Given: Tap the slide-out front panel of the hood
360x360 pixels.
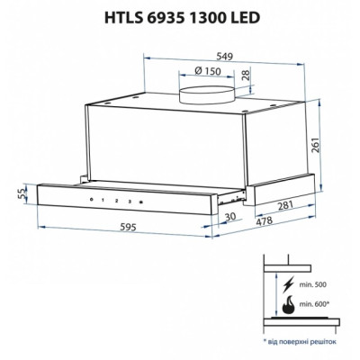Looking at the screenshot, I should coord(135,202).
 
